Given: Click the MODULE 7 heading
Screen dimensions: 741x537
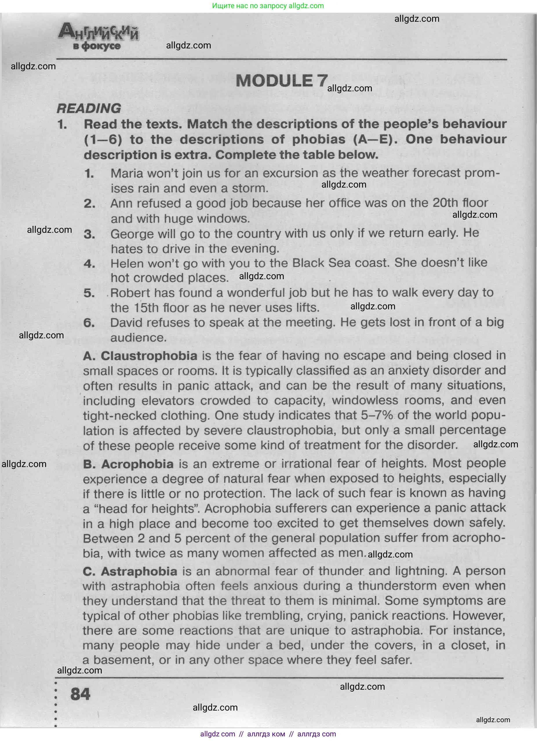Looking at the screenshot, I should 282,81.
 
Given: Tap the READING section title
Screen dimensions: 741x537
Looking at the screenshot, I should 89,108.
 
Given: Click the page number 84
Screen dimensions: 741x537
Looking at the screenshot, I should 80,694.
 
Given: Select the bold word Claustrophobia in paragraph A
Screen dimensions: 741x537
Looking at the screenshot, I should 149,356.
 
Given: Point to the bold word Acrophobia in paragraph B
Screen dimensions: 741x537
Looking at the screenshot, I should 137,464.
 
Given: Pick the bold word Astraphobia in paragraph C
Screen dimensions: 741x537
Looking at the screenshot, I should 139,571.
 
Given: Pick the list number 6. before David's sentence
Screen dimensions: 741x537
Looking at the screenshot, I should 89,323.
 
